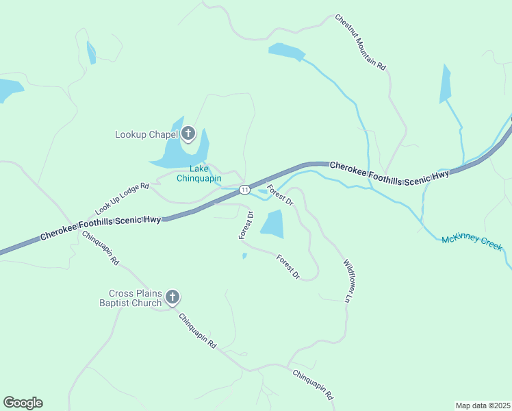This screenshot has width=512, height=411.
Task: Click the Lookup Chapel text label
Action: pos(146,134)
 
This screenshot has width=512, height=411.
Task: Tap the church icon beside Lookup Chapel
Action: pos(188,134)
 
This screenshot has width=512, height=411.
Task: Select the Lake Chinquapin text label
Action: pos(199,174)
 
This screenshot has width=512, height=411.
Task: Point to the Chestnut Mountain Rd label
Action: pos(361,43)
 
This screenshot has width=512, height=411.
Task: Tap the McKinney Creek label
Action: pos(472,242)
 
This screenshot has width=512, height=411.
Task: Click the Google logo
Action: pos(23,403)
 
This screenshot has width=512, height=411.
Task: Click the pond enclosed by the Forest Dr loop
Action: pos(272,224)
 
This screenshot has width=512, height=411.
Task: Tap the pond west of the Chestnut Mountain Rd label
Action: pos(285,51)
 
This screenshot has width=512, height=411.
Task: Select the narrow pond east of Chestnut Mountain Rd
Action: pos(446,85)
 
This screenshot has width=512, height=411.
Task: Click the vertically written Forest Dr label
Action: pos(246,225)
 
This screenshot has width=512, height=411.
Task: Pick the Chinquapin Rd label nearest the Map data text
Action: pos(313,384)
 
